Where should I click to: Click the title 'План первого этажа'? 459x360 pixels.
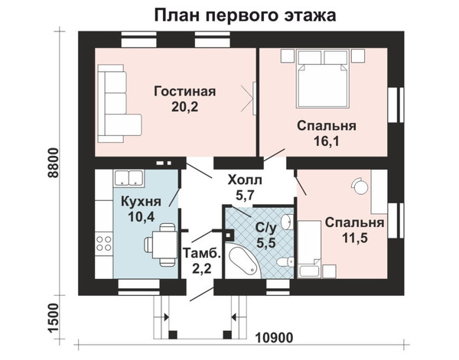(245, 15)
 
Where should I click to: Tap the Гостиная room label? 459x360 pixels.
(184, 92)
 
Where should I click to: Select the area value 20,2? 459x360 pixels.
(184, 107)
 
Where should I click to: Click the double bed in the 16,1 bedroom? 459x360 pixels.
(322, 79)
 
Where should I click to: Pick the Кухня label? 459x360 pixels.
(141, 202)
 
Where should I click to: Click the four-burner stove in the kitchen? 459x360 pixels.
(104, 244)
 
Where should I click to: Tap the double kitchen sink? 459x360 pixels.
(129, 178)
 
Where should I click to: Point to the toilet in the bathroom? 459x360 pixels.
(285, 261)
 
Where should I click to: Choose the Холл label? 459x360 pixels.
(245, 180)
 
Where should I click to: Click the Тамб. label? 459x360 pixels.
(201, 253)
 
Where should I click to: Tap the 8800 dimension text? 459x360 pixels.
(54, 163)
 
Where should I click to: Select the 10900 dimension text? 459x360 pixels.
(275, 338)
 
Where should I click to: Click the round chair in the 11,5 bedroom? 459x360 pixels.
(360, 186)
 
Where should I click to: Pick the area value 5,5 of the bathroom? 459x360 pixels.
(266, 243)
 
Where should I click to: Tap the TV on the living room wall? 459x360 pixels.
(254, 99)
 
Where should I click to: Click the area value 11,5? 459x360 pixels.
(355, 238)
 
